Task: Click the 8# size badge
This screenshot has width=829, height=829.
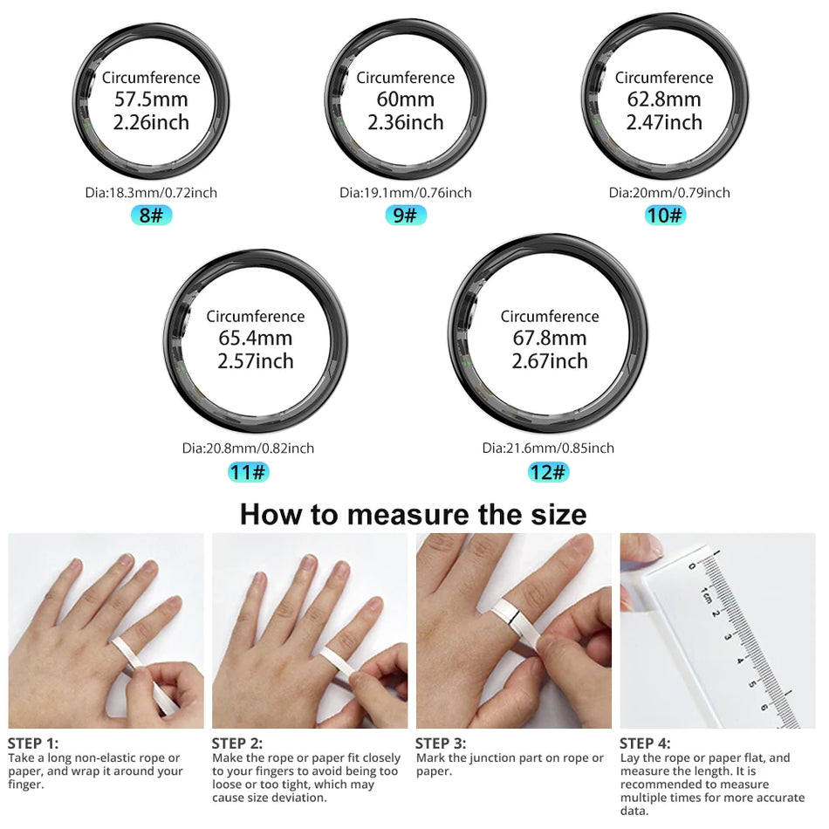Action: click(151, 215)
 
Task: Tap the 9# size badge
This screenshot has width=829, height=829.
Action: click(406, 215)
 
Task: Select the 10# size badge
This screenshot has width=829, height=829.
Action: click(665, 215)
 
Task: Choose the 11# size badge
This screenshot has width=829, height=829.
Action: click(248, 472)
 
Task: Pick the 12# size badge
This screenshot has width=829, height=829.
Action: click(548, 472)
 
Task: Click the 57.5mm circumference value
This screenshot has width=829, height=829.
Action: click(151, 99)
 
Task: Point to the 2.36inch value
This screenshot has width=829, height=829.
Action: click(406, 122)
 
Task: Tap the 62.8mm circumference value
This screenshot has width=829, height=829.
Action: click(664, 99)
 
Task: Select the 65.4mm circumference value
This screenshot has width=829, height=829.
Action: click(256, 339)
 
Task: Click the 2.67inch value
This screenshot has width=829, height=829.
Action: click(550, 361)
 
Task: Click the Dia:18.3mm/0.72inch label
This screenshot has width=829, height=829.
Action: click(151, 192)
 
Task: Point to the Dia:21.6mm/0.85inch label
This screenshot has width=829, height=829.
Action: click(548, 448)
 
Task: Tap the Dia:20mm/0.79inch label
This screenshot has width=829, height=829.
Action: click(669, 192)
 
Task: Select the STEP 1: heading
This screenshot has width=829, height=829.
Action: click(33, 743)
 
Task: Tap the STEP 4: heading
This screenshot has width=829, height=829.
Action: click(645, 743)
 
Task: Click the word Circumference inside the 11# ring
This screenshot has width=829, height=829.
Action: click(256, 316)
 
